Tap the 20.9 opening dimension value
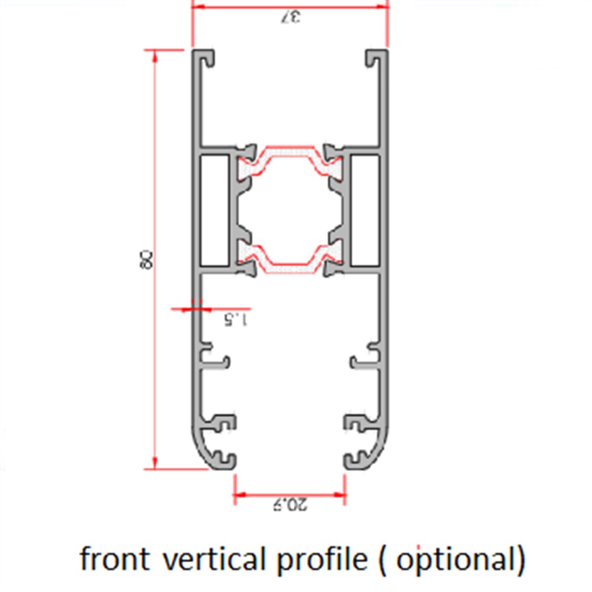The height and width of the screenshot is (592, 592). [x=289, y=505]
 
